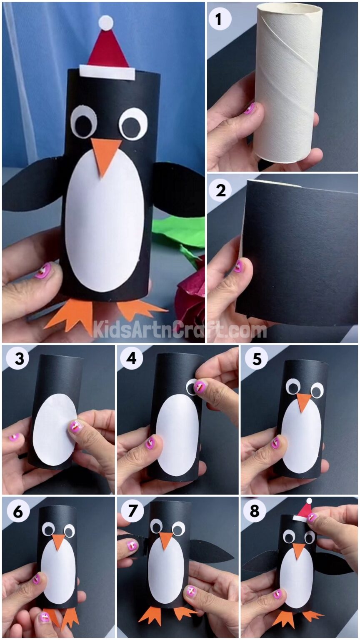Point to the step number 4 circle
[x=131, y=359]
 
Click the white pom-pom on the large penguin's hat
[x=106, y=22]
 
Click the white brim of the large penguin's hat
[x=107, y=72]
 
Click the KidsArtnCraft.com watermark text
[x=179, y=330]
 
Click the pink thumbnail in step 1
[x=249, y=109]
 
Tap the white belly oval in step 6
[x=58, y=571]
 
